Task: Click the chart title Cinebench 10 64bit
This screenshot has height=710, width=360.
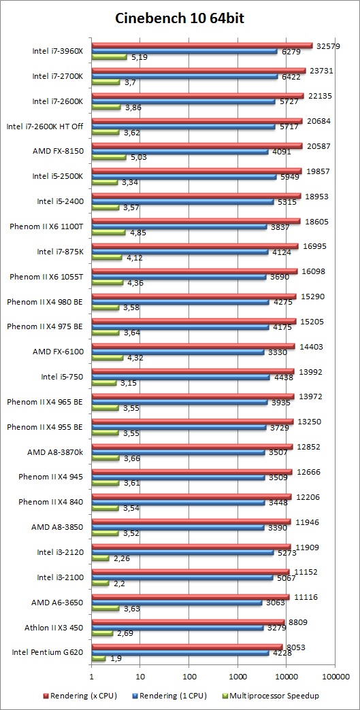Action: pyautogui.click(x=180, y=18)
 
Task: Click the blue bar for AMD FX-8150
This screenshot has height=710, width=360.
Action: pyautogui.click(x=180, y=152)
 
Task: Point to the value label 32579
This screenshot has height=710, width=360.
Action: pyautogui.click(x=328, y=46)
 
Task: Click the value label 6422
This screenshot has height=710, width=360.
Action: pyautogui.click(x=293, y=77)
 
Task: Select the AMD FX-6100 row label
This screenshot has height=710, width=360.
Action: pyautogui.click(x=58, y=352)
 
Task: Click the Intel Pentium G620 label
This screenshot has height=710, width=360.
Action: pyautogui.click(x=47, y=652)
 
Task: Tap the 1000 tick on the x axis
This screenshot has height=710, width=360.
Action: pyautogui.click(x=238, y=677)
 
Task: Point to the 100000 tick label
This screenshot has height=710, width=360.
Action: pyautogui.click(x=336, y=677)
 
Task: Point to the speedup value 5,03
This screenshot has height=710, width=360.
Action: pyautogui.click(x=137, y=158)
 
